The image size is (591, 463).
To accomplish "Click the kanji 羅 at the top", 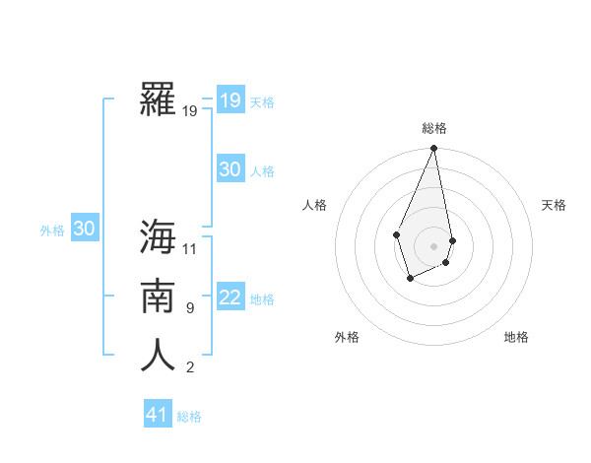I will pyautogui.click(x=158, y=99).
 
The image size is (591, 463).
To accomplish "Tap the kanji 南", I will pyautogui.click(x=158, y=297).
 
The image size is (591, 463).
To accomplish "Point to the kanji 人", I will pyautogui.click(x=158, y=356).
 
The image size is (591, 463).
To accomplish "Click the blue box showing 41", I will pyautogui.click(x=158, y=415).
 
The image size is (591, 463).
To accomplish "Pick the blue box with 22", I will pyautogui.click(x=230, y=298).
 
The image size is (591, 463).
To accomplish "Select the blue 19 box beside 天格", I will pyautogui.click(x=230, y=100).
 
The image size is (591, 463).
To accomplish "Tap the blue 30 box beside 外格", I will pyautogui.click(x=84, y=229).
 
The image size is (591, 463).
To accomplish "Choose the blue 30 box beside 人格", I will pyautogui.click(x=230, y=169).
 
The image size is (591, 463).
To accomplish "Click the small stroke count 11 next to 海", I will pyautogui.click(x=190, y=248).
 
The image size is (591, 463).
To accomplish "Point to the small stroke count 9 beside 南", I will pyautogui.click(x=190, y=308).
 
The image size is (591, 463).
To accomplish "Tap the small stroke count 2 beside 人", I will pyautogui.click(x=190, y=367).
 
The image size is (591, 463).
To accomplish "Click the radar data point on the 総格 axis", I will pyautogui.click(x=433, y=149).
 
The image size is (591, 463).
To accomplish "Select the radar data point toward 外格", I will pyautogui.click(x=410, y=279).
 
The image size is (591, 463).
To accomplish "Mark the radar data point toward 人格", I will pyautogui.click(x=396, y=234).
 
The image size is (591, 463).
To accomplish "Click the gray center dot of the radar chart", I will pyautogui.click(x=433, y=245).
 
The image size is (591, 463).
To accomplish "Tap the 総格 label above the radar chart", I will pyautogui.click(x=433, y=128).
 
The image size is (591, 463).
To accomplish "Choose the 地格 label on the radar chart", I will pyautogui.click(x=516, y=337).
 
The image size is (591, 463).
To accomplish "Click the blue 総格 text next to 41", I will pyautogui.click(x=189, y=417).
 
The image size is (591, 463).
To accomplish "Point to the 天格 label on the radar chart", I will pyautogui.click(x=554, y=205).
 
